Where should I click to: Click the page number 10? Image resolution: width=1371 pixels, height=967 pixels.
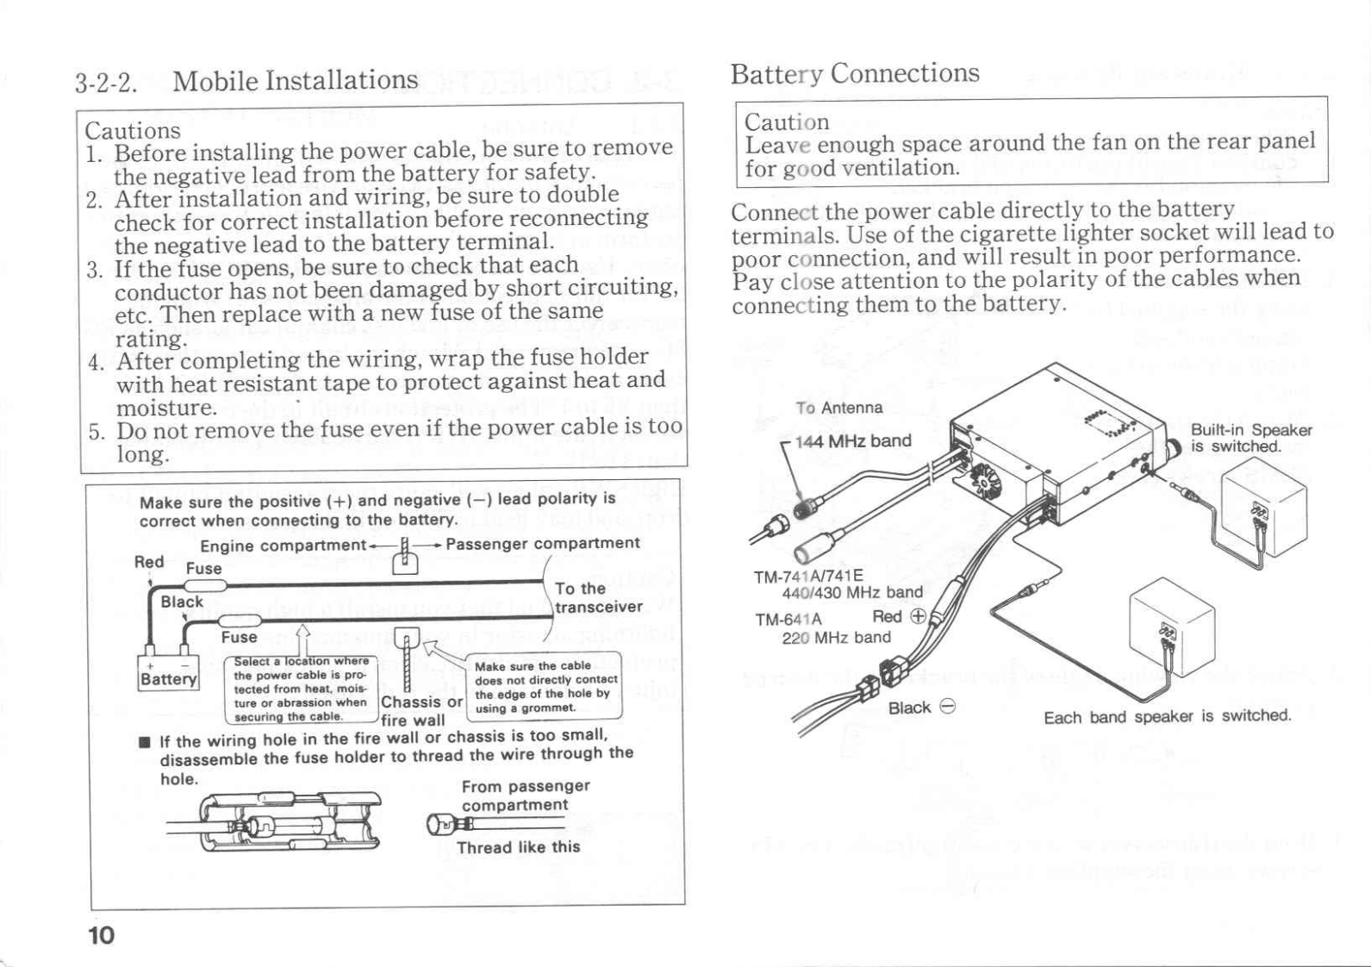coord(101,935)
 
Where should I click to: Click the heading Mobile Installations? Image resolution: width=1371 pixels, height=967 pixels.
coord(295,81)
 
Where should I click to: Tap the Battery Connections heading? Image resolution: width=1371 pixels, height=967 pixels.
coord(854,73)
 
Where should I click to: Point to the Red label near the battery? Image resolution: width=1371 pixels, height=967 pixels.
coord(149,562)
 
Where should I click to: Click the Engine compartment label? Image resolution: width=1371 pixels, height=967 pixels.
coord(283,546)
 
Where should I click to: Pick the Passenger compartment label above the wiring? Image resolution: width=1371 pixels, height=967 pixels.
coord(542,543)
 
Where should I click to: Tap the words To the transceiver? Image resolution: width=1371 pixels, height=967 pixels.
coord(598,597)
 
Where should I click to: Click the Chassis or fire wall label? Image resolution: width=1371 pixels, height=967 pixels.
coord(421,711)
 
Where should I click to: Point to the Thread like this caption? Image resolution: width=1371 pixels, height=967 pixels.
coord(518,847)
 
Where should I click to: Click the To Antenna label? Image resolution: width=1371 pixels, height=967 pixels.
coord(838,408)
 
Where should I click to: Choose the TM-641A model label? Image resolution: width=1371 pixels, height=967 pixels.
coord(788,619)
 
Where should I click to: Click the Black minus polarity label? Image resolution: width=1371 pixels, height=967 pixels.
coord(921,708)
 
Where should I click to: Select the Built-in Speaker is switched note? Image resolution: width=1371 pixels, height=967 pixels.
coord(1250,438)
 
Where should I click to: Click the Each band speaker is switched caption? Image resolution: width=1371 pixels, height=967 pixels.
coord(1167,716)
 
